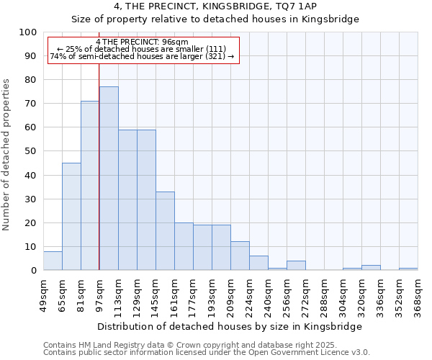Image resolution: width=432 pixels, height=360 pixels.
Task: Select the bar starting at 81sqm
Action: (90, 186)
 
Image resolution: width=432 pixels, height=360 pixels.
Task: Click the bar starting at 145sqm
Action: (165, 230)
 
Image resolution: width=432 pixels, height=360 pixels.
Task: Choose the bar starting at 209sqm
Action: (240, 256)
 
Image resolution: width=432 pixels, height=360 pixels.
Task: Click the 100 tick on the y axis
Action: (28, 32)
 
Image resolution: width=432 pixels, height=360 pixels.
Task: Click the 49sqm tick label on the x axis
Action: (43, 294)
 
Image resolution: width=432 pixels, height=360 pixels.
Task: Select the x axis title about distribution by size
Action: (230, 326)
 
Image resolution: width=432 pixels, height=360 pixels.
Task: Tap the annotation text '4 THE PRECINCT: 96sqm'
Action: (141, 42)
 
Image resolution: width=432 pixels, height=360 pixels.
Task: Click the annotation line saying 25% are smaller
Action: (141, 49)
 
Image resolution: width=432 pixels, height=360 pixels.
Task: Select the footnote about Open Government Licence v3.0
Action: (207, 352)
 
